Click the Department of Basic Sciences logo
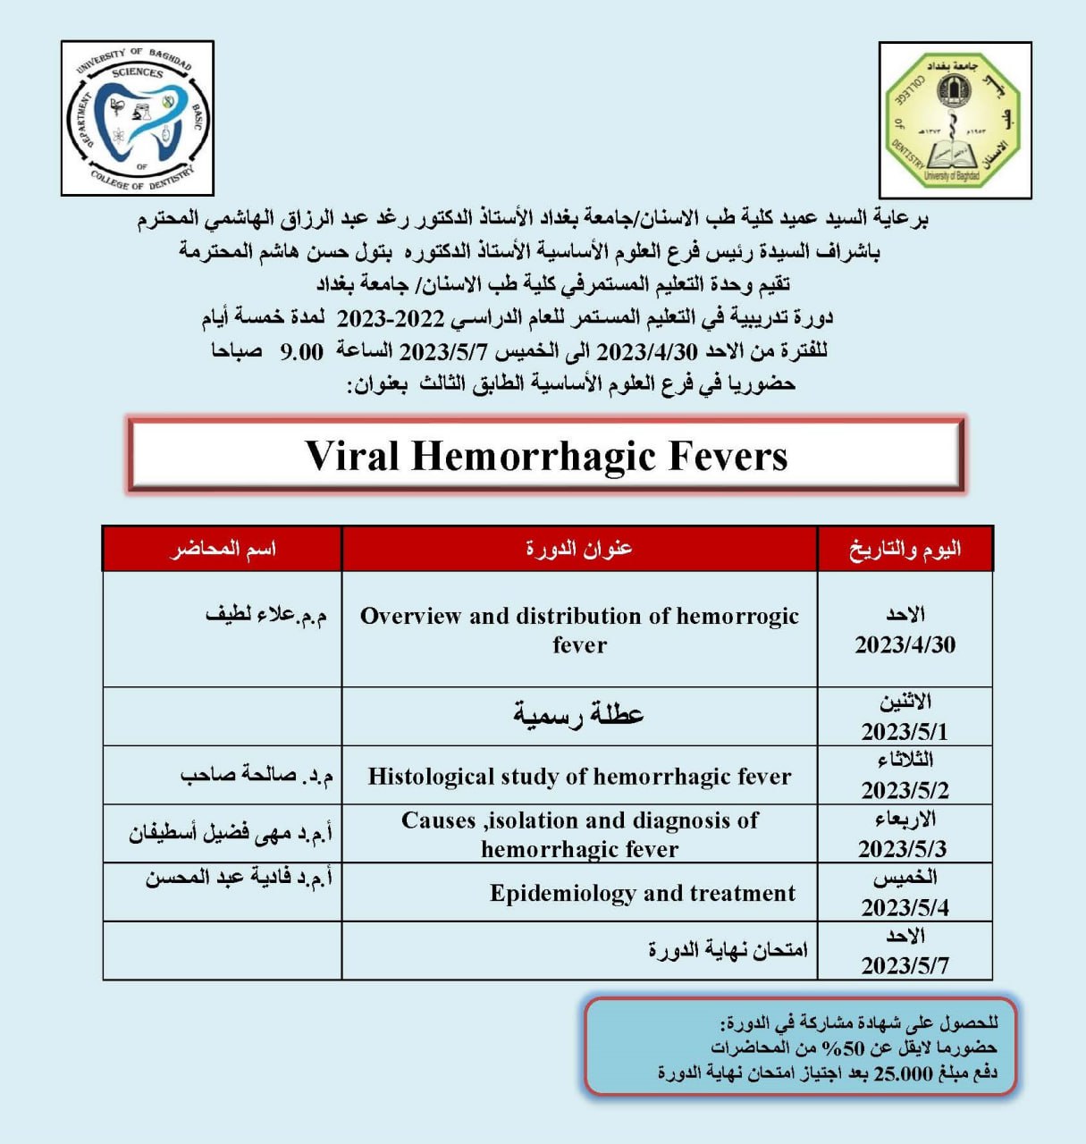138,118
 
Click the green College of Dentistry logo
955,120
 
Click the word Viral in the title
351,456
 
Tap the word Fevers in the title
718,456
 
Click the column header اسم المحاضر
223,548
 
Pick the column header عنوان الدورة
579,548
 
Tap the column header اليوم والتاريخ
905,548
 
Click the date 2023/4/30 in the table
905,644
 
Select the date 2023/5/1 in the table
905,731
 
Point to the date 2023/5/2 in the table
905,790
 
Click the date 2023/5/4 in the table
905,907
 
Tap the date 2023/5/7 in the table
905,965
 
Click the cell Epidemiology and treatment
642,893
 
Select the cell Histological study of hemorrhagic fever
579,776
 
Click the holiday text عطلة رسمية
578,715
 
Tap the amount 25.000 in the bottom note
903,1073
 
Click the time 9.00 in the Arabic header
302,351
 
